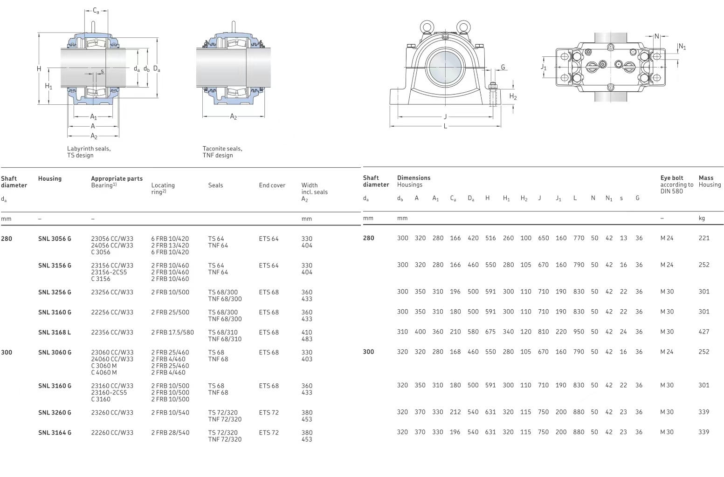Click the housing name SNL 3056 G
55,239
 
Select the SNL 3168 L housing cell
55,333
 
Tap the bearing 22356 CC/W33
112,333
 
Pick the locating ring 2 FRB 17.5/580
172,333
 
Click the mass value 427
703,332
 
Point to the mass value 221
703,238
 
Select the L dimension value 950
579,332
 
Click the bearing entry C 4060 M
104,373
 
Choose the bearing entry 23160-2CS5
109,393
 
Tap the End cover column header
272,185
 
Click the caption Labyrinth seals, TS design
89,152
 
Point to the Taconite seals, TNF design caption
222,152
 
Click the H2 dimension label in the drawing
513,97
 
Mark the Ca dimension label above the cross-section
96,11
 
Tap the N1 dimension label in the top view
682,47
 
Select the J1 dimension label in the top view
544,67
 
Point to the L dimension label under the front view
445,126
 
